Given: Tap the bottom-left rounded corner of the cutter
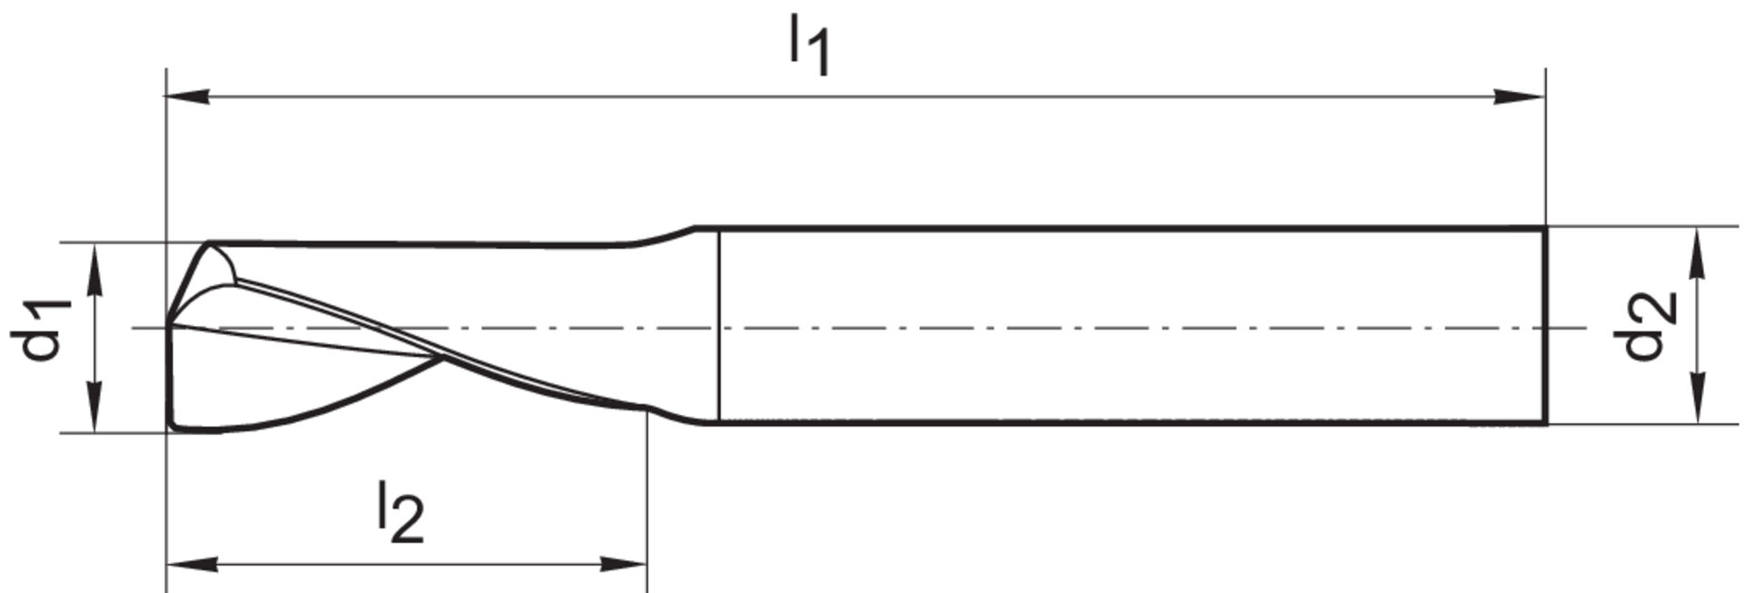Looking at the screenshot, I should [x=173, y=424].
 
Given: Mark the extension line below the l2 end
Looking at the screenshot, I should [x=647, y=509].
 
